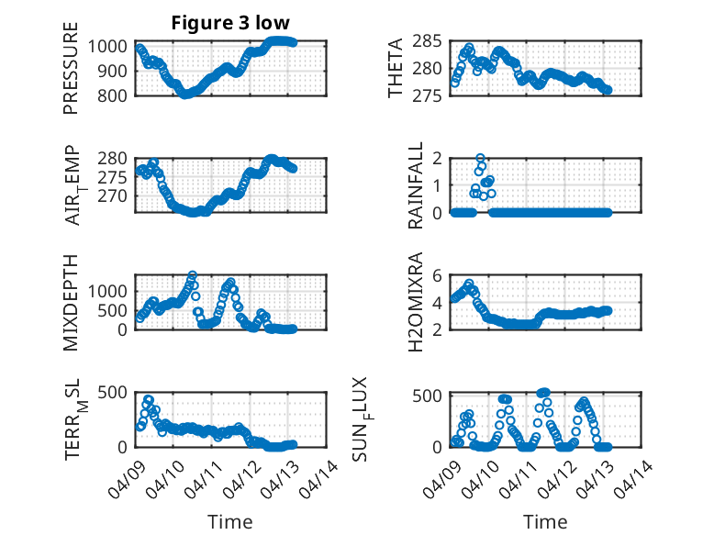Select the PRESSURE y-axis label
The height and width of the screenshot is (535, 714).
71,70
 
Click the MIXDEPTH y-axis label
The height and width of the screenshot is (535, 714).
71,302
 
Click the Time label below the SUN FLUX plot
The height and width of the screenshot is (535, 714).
545,521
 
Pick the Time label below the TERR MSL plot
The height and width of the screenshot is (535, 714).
229,521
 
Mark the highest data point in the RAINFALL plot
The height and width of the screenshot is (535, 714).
480,158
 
